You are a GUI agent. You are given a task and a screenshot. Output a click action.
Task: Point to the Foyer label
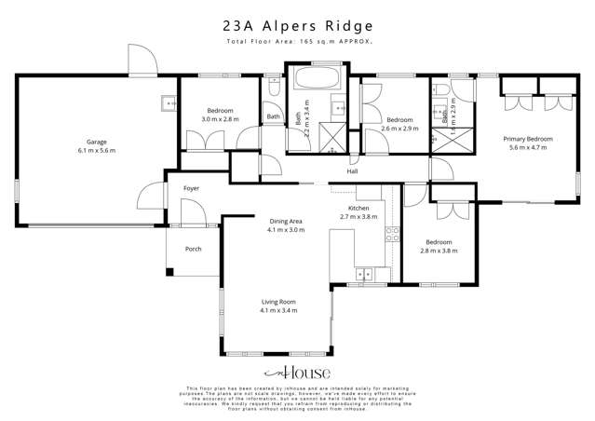[x=191, y=188]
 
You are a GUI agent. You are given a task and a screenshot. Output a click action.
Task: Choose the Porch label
[x=194, y=249]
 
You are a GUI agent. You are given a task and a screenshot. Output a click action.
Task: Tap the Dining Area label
[x=286, y=221]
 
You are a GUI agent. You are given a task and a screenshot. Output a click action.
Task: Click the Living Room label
[x=278, y=302]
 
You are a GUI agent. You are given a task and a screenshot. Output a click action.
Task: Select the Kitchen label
[x=359, y=207]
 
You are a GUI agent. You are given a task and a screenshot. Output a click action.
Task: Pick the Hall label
[x=352, y=171]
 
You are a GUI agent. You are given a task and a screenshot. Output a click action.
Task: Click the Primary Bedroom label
[x=528, y=139]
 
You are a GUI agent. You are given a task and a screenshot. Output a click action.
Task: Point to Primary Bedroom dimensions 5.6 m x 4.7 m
[x=528, y=147]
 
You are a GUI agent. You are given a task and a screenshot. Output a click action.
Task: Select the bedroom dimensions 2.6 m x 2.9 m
[x=399, y=128]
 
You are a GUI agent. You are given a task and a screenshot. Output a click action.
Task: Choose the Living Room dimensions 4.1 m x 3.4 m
[x=278, y=310]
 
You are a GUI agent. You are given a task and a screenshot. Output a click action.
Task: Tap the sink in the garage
[x=168, y=103]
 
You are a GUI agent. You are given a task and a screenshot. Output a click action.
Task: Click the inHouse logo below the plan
[x=297, y=373]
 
